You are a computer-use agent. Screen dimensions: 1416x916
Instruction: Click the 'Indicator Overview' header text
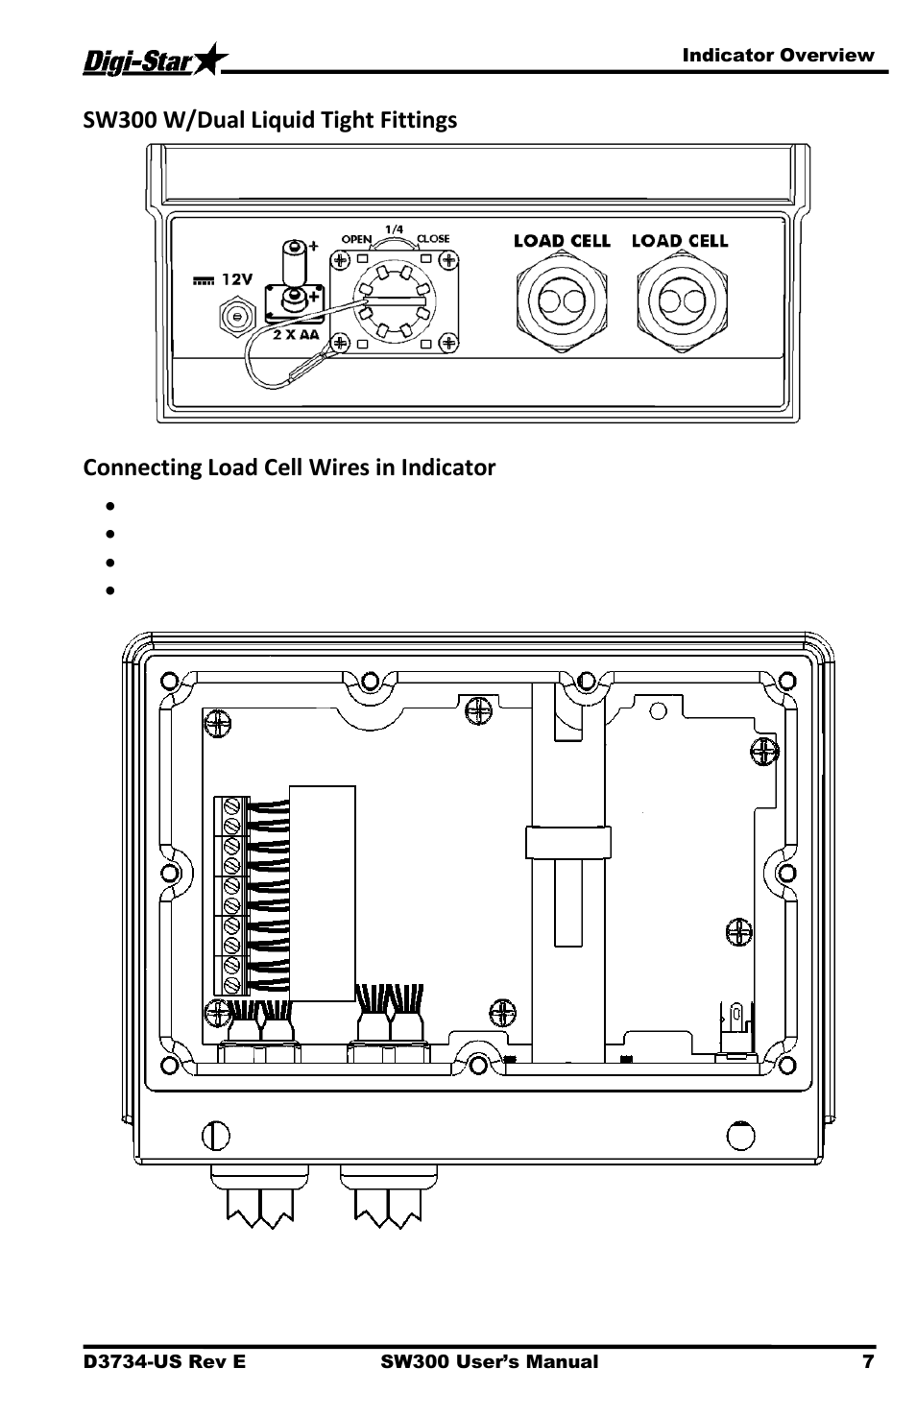click(x=778, y=55)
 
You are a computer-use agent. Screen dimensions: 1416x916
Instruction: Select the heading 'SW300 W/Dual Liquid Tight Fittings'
click(x=270, y=120)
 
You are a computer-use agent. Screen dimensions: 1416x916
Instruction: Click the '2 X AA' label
click(x=295, y=335)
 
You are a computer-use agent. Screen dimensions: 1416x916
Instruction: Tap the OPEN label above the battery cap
click(x=357, y=239)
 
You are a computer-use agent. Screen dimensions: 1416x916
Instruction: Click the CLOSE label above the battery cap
click(x=432, y=239)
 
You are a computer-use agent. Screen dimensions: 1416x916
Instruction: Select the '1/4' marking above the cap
click(x=394, y=228)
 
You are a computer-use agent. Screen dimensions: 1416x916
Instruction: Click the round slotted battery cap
click(x=393, y=300)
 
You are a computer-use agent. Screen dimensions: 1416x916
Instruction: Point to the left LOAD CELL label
click(x=562, y=241)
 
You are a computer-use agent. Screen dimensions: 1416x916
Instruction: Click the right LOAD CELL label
click(x=680, y=241)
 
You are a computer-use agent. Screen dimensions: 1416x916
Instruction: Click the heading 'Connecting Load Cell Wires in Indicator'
click(x=289, y=468)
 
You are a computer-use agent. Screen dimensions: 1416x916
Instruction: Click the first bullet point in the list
click(x=111, y=505)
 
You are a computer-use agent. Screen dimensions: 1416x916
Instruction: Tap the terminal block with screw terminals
click(x=230, y=895)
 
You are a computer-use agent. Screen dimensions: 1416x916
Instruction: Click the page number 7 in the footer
click(x=868, y=1361)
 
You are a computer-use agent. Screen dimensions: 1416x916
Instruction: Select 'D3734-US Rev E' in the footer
click(x=164, y=1361)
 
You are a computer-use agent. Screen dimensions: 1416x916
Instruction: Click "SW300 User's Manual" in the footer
click(x=489, y=1361)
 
